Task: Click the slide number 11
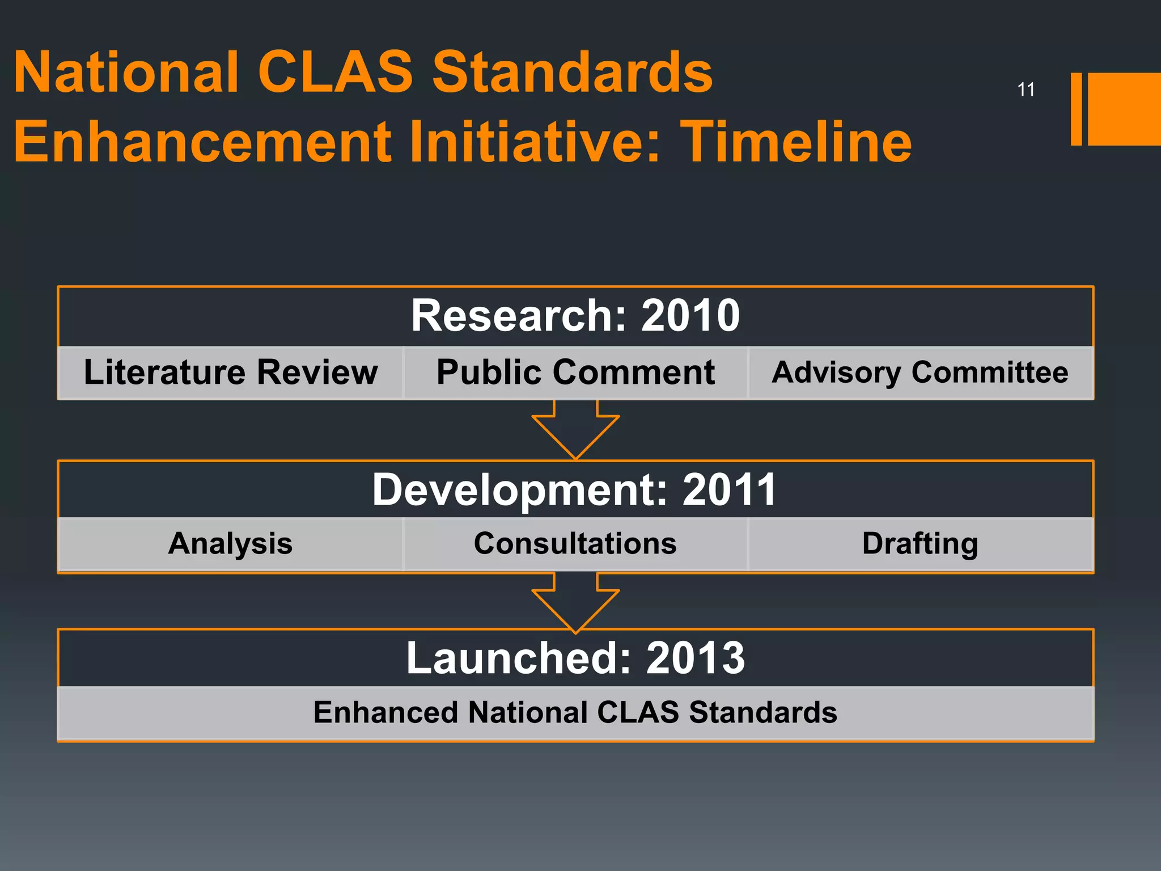click(1026, 90)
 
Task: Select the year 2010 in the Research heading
click(690, 316)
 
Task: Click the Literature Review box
click(231, 373)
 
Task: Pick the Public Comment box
click(575, 373)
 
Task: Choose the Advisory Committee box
click(920, 373)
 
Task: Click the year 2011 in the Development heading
click(729, 490)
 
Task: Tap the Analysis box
click(231, 543)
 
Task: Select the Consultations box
click(575, 543)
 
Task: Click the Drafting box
click(920, 543)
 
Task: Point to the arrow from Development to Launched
click(575, 602)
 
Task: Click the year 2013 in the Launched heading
click(695, 658)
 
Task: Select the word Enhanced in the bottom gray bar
click(385, 712)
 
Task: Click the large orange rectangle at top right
click(1124, 109)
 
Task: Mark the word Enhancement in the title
click(202, 142)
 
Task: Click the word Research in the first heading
click(518, 316)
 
